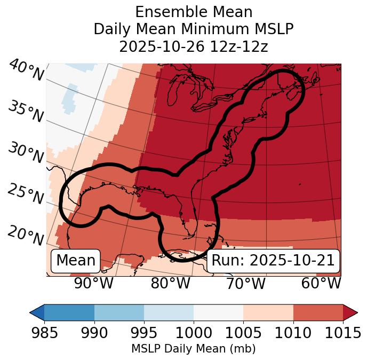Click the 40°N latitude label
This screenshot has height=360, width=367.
(26, 71)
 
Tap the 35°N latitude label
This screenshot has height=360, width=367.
(26, 112)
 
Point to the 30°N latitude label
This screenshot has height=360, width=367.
(26, 154)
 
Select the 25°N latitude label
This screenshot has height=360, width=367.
(26, 194)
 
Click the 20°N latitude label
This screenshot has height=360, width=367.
(26, 235)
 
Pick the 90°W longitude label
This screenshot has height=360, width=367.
(93, 283)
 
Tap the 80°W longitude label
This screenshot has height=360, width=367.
(170, 283)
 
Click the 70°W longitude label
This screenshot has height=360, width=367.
(245, 283)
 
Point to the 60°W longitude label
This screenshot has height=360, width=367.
(321, 283)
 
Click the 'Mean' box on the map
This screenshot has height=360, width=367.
(76, 261)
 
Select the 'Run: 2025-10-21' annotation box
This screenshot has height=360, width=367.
(273, 261)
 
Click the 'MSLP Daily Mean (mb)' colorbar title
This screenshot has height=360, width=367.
(194, 349)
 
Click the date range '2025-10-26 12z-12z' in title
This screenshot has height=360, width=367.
(194, 46)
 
